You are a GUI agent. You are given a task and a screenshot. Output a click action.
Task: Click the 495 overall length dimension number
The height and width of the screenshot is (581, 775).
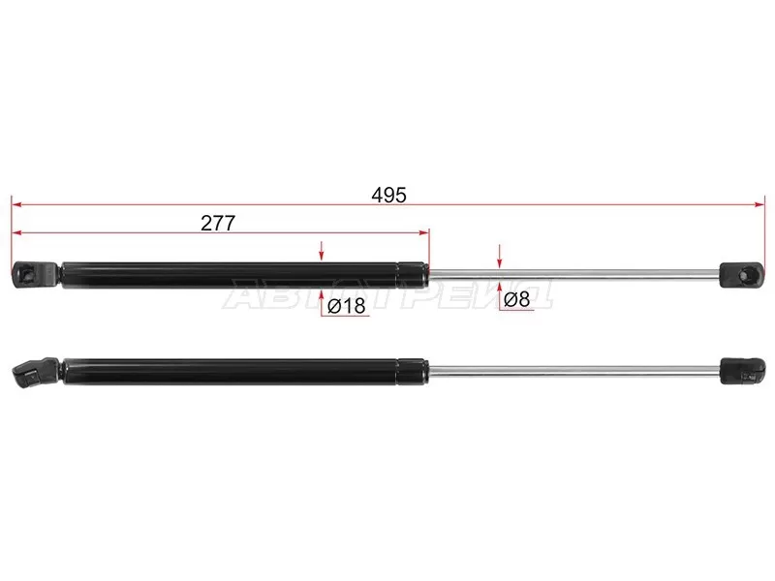point(389,196)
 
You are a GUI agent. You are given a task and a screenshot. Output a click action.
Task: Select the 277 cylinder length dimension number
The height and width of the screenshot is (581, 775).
point(218,223)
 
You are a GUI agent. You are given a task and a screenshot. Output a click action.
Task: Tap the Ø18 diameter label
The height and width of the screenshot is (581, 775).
point(347,306)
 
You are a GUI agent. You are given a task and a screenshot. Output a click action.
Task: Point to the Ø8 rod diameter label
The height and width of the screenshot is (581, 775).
point(517,299)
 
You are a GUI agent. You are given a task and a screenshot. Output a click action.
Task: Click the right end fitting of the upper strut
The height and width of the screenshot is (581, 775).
point(742,275)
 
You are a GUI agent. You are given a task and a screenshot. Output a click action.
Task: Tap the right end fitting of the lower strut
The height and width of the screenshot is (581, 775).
point(743,371)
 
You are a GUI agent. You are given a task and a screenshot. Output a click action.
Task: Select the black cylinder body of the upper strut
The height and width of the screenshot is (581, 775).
point(245,275)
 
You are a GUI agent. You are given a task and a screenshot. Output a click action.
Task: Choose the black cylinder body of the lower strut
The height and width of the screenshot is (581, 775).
point(245,371)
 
